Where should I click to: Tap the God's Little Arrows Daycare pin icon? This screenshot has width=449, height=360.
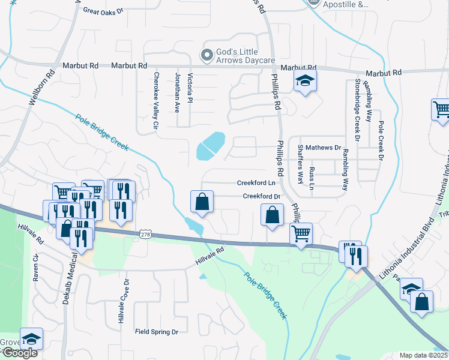tap(207, 55)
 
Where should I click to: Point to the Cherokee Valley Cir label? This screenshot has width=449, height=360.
tap(155, 101)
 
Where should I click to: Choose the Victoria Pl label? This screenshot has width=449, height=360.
tap(190, 87)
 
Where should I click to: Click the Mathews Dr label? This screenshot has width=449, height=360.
tap(323, 147)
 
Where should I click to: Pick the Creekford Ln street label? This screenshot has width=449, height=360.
tap(256, 183)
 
